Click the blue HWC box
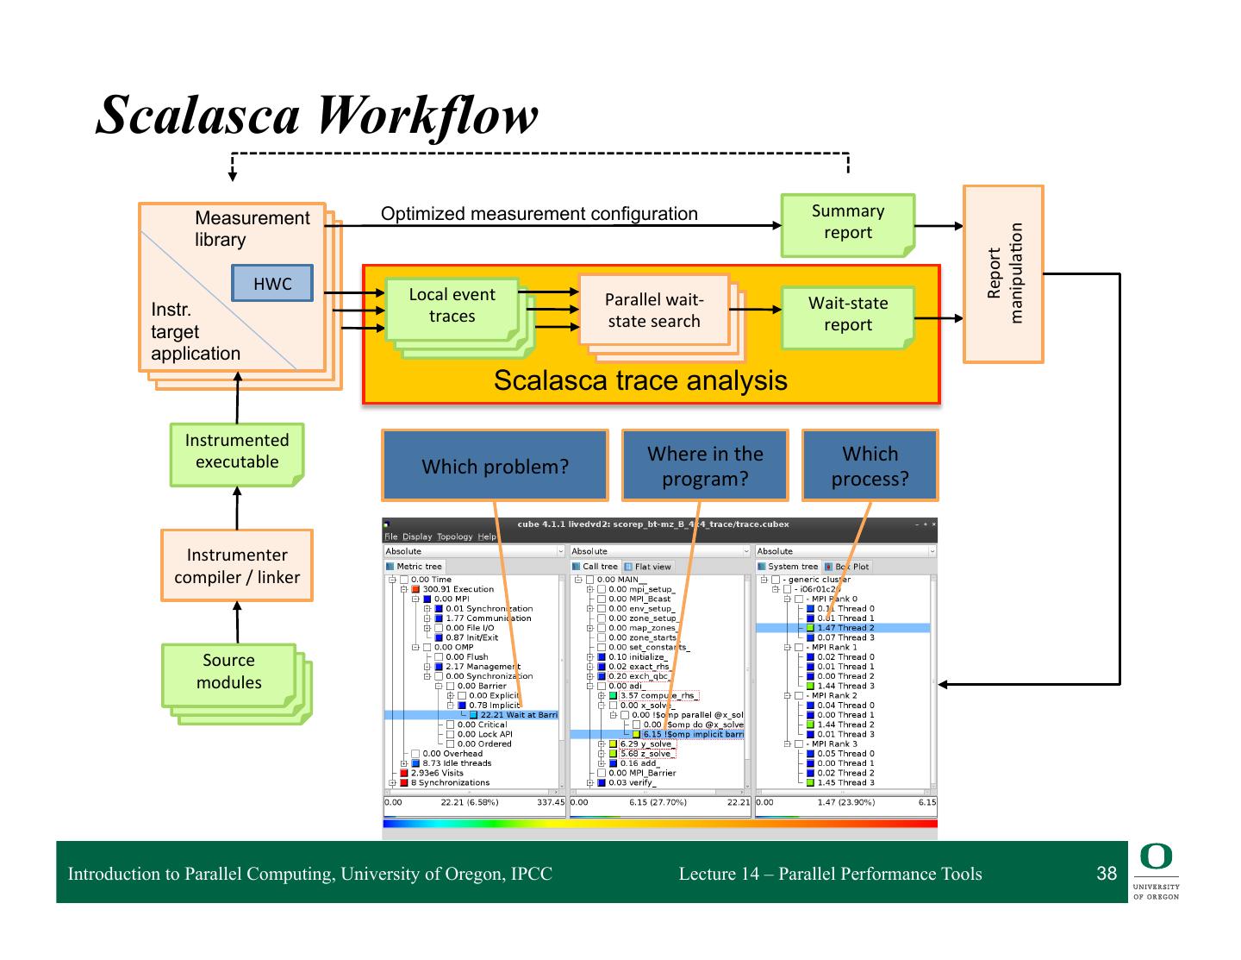(x=271, y=284)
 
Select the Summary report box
(x=847, y=223)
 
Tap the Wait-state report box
(x=847, y=315)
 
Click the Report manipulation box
(x=1003, y=273)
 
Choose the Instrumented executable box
(x=236, y=452)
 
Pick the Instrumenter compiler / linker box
(x=237, y=566)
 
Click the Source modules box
(x=228, y=673)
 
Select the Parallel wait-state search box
(x=653, y=311)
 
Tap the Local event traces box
(x=452, y=306)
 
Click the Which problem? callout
(x=495, y=466)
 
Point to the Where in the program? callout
(x=705, y=466)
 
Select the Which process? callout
(x=870, y=466)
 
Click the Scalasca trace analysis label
(x=640, y=380)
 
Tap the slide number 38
(x=1107, y=874)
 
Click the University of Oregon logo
(x=1156, y=871)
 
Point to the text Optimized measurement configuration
(x=539, y=214)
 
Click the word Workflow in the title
(x=427, y=115)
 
